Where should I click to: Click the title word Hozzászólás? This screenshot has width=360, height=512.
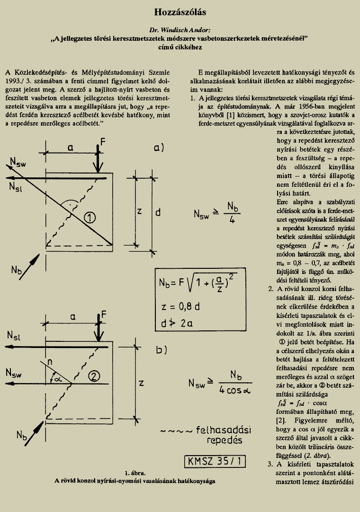click(180, 12)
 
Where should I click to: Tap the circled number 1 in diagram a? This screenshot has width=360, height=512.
click(90, 217)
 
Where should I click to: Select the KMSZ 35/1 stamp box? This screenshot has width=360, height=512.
click(215, 461)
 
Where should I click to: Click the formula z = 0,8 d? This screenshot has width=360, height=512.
click(180, 307)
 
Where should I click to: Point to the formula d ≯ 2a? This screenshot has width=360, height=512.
click(177, 323)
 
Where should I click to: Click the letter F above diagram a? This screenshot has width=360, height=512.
click(103, 142)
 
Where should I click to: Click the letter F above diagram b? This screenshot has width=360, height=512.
click(104, 314)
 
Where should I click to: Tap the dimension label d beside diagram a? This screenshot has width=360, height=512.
click(158, 212)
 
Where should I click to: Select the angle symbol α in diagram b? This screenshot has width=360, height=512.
click(58, 379)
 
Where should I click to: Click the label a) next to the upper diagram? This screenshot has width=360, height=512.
click(159, 147)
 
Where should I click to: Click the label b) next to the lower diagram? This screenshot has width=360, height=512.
click(162, 350)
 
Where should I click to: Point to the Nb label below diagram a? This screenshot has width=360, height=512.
click(16, 270)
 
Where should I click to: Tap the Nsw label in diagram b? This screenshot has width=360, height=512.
click(13, 373)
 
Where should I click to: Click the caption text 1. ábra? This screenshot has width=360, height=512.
click(135, 473)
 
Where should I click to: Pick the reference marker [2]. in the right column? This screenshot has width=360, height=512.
click(282, 421)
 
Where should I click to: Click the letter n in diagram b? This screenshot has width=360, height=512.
click(50, 362)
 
